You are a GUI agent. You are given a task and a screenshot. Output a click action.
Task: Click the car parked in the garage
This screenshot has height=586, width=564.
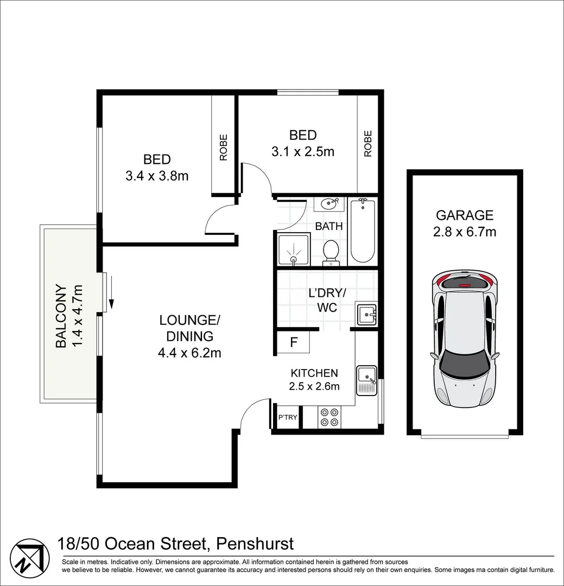(465, 339)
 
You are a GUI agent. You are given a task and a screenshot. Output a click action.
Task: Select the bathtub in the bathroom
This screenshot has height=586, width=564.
(363, 231)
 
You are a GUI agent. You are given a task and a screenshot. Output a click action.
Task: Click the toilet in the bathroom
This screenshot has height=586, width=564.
(331, 253)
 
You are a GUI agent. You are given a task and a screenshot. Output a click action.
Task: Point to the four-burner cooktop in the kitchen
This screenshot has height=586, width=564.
(329, 417)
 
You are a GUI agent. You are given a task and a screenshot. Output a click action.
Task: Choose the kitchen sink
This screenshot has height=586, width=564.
(367, 380)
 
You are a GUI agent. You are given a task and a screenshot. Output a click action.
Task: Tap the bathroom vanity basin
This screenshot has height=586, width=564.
(329, 204)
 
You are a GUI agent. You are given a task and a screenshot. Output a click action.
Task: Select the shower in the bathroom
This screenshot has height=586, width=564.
(294, 249)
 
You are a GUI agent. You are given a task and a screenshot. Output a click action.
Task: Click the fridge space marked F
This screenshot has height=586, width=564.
(294, 342)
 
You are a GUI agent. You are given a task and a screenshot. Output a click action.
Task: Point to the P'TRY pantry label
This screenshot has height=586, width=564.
(288, 417)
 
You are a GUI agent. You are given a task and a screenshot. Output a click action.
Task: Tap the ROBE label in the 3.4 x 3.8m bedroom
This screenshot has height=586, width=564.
(223, 147)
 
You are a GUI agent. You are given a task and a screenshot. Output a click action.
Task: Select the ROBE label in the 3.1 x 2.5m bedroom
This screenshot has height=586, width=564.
(368, 143)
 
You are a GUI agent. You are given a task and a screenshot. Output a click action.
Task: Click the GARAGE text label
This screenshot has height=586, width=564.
(465, 215)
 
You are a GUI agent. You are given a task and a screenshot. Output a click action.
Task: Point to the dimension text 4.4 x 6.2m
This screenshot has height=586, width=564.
(189, 353)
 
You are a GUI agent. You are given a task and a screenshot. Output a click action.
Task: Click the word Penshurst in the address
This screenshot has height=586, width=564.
(255, 543)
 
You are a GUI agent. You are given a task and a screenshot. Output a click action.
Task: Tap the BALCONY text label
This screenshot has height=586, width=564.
(61, 316)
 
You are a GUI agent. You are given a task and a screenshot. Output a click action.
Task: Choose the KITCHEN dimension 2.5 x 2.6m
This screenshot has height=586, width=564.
(314, 386)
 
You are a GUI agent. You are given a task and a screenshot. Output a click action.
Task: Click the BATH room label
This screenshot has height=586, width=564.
(329, 226)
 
